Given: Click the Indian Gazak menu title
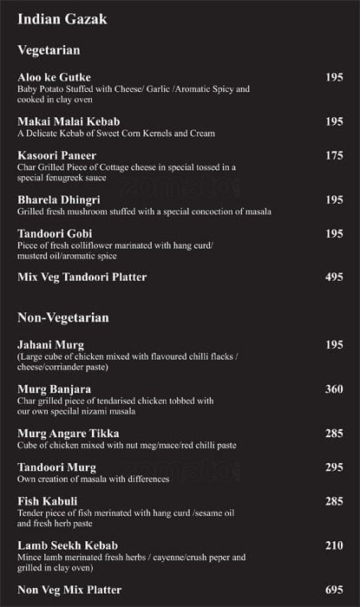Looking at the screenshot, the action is click(62, 19).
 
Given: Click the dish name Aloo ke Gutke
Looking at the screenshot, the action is click(54, 78).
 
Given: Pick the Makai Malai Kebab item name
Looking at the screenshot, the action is click(69, 121).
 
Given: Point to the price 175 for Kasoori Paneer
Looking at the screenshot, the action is click(334, 155).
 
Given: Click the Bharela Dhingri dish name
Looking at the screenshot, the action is click(60, 199).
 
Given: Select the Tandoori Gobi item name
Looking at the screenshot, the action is click(55, 233).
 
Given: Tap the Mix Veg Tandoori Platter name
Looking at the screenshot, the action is click(82, 277).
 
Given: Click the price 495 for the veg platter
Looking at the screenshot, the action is click(334, 277).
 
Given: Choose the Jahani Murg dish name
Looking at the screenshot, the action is click(50, 345).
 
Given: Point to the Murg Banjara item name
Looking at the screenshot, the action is click(54, 389).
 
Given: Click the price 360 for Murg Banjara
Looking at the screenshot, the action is click(334, 389).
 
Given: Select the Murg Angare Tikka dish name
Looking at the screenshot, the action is click(69, 433).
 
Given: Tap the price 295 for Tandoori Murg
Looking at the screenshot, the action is click(334, 467).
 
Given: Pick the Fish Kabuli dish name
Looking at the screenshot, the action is click(48, 501).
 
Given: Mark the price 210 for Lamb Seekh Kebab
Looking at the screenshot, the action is click(334, 545).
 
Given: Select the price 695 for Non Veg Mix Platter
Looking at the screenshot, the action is click(334, 590).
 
